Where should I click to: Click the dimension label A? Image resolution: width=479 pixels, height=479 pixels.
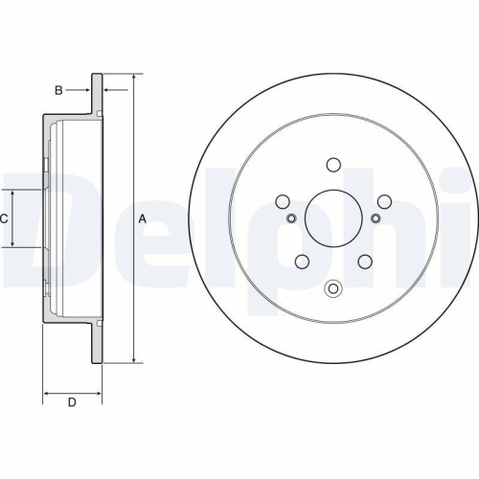[143, 218]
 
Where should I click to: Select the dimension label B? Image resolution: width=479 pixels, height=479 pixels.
[57, 91]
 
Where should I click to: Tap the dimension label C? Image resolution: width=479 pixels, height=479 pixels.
[4, 218]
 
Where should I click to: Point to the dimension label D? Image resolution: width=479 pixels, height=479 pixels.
[71, 402]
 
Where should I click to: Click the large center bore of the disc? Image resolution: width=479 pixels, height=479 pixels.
[333, 218]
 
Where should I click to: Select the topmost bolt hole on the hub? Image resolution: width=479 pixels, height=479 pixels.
[333, 164]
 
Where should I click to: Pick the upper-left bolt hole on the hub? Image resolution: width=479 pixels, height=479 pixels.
[283, 201]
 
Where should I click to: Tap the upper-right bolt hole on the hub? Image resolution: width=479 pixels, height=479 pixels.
[385, 201]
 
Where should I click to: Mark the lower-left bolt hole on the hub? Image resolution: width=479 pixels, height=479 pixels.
[302, 262]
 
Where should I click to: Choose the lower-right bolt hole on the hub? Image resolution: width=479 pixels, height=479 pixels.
[366, 262]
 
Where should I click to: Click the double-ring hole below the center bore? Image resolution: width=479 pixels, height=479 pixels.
[333, 287]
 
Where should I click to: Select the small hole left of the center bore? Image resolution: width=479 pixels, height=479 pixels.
[292, 219]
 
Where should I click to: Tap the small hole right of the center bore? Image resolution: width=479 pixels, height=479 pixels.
[376, 219]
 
